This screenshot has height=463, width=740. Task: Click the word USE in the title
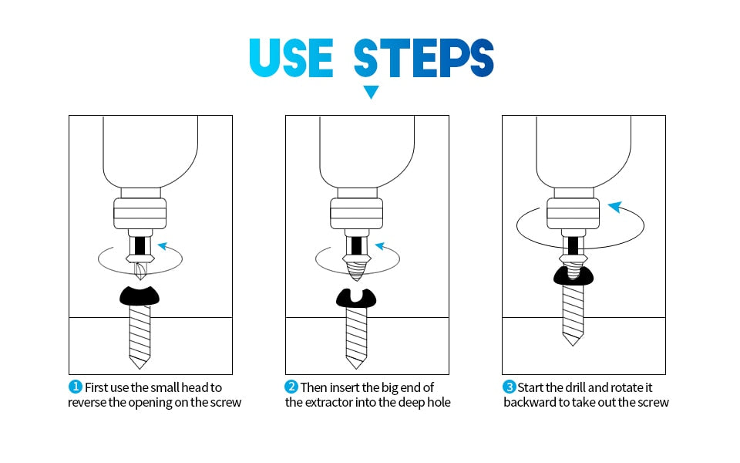(291, 58)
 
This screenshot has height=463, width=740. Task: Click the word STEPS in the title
(424, 58)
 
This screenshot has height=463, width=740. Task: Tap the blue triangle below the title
(371, 92)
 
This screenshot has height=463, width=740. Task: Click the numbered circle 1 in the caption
(76, 387)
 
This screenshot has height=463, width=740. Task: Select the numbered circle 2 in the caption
(291, 387)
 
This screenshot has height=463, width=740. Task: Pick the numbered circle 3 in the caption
(509, 387)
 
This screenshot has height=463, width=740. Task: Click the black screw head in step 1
(140, 296)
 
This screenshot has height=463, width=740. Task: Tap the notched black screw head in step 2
(356, 298)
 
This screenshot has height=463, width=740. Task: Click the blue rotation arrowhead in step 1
(163, 246)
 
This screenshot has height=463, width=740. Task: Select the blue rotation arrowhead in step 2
(380, 246)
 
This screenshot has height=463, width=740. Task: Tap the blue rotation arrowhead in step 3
(615, 207)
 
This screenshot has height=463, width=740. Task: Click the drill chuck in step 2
(356, 214)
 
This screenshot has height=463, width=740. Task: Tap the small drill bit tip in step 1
(140, 271)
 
